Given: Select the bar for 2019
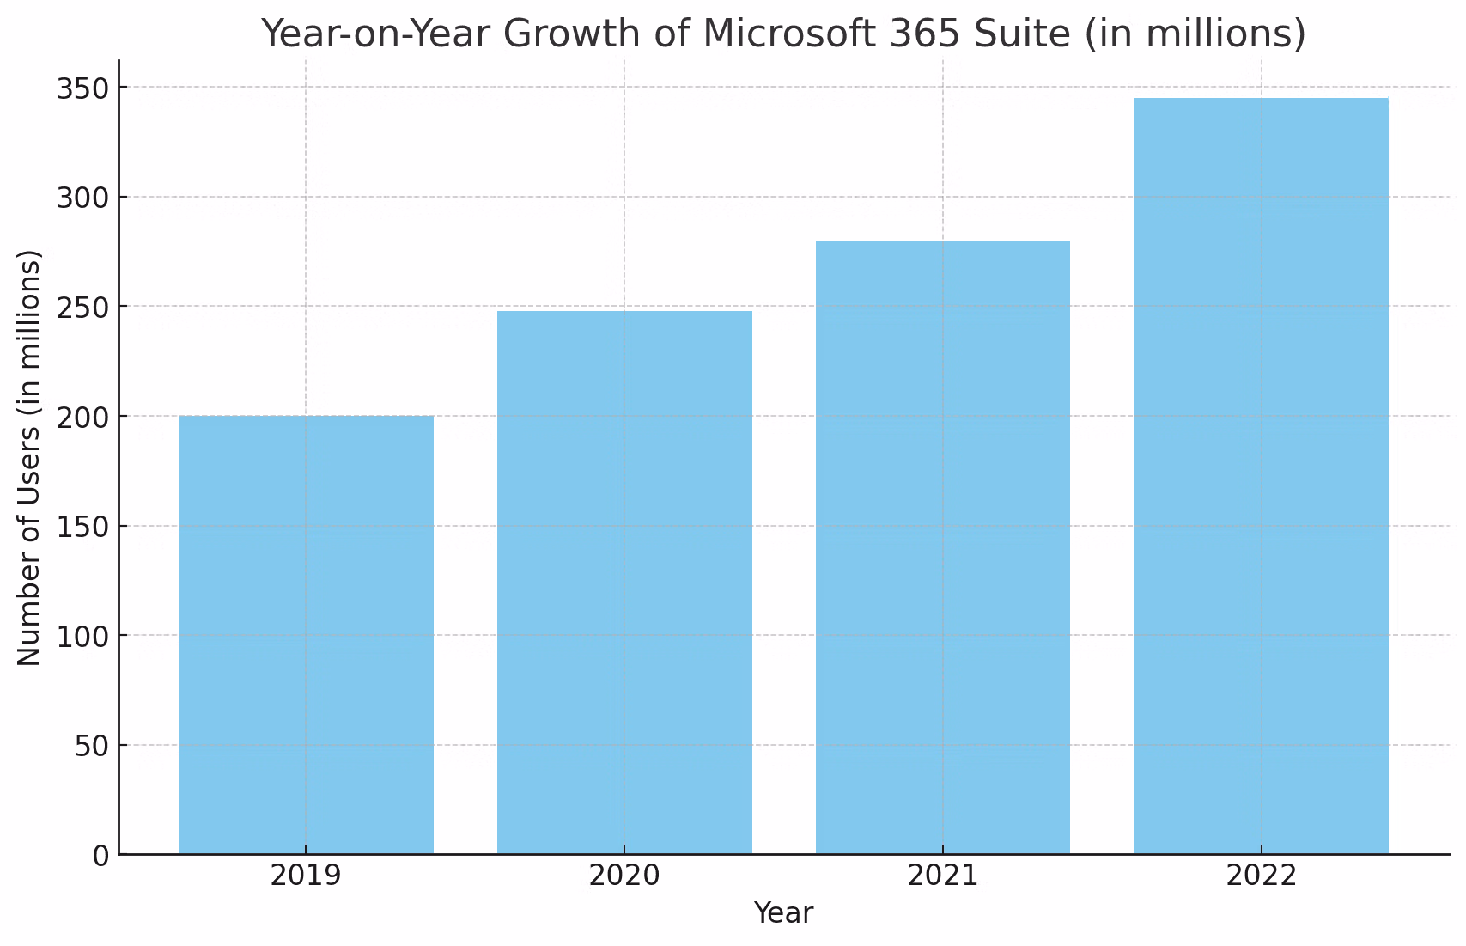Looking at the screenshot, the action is point(306,635).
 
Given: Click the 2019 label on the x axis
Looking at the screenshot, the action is point(306,876).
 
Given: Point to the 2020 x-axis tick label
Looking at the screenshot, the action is point(624,876).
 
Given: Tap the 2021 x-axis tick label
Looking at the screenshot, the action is point(942,876).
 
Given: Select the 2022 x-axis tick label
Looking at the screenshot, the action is point(1261,876).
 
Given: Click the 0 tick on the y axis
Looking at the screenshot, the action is point(101,856).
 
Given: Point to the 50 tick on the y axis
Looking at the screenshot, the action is point(92,746).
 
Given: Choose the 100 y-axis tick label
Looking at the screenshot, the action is point(83,637).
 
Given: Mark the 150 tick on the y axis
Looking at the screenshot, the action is point(83,527).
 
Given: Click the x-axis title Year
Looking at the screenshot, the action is point(783,913).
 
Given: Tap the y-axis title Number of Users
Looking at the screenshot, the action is point(29,457).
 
